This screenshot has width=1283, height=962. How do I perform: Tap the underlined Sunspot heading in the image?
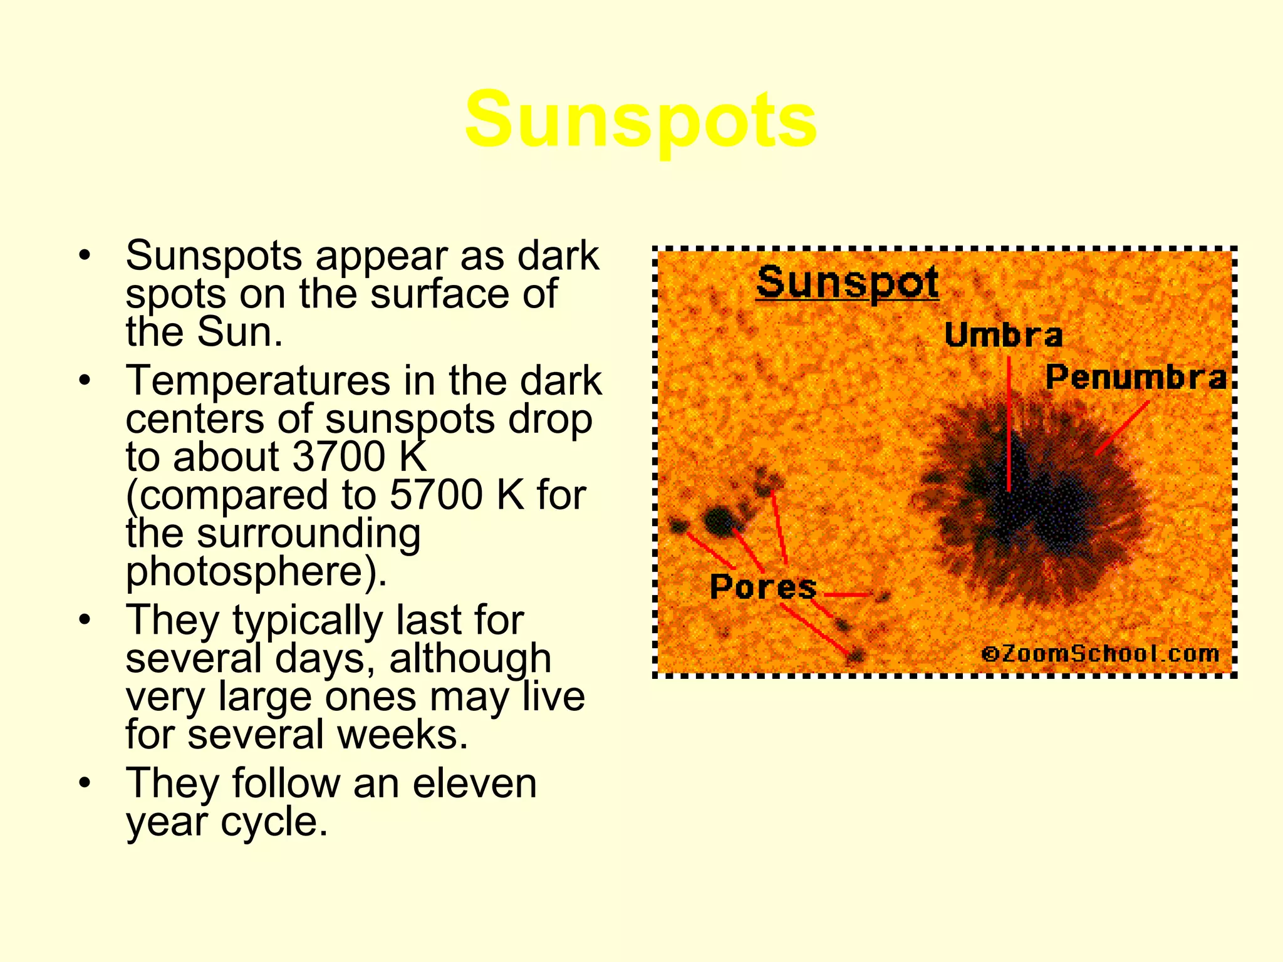pyautogui.click(x=847, y=282)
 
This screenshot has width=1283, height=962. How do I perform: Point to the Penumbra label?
pyautogui.click(x=1135, y=377)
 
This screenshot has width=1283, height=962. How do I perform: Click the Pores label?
pyautogui.click(x=763, y=587)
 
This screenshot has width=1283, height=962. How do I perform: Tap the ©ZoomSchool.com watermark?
pyautogui.click(x=1100, y=654)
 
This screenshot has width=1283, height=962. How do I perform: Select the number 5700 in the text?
pyautogui.click(x=436, y=495)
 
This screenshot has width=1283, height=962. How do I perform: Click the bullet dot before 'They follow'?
pyautogui.click(x=85, y=783)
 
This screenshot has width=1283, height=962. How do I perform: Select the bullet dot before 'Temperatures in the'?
pyautogui.click(x=85, y=380)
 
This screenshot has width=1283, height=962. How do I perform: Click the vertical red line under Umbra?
pyautogui.click(x=1009, y=426)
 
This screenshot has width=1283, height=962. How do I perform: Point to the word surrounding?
pyautogui.click(x=308, y=533)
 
